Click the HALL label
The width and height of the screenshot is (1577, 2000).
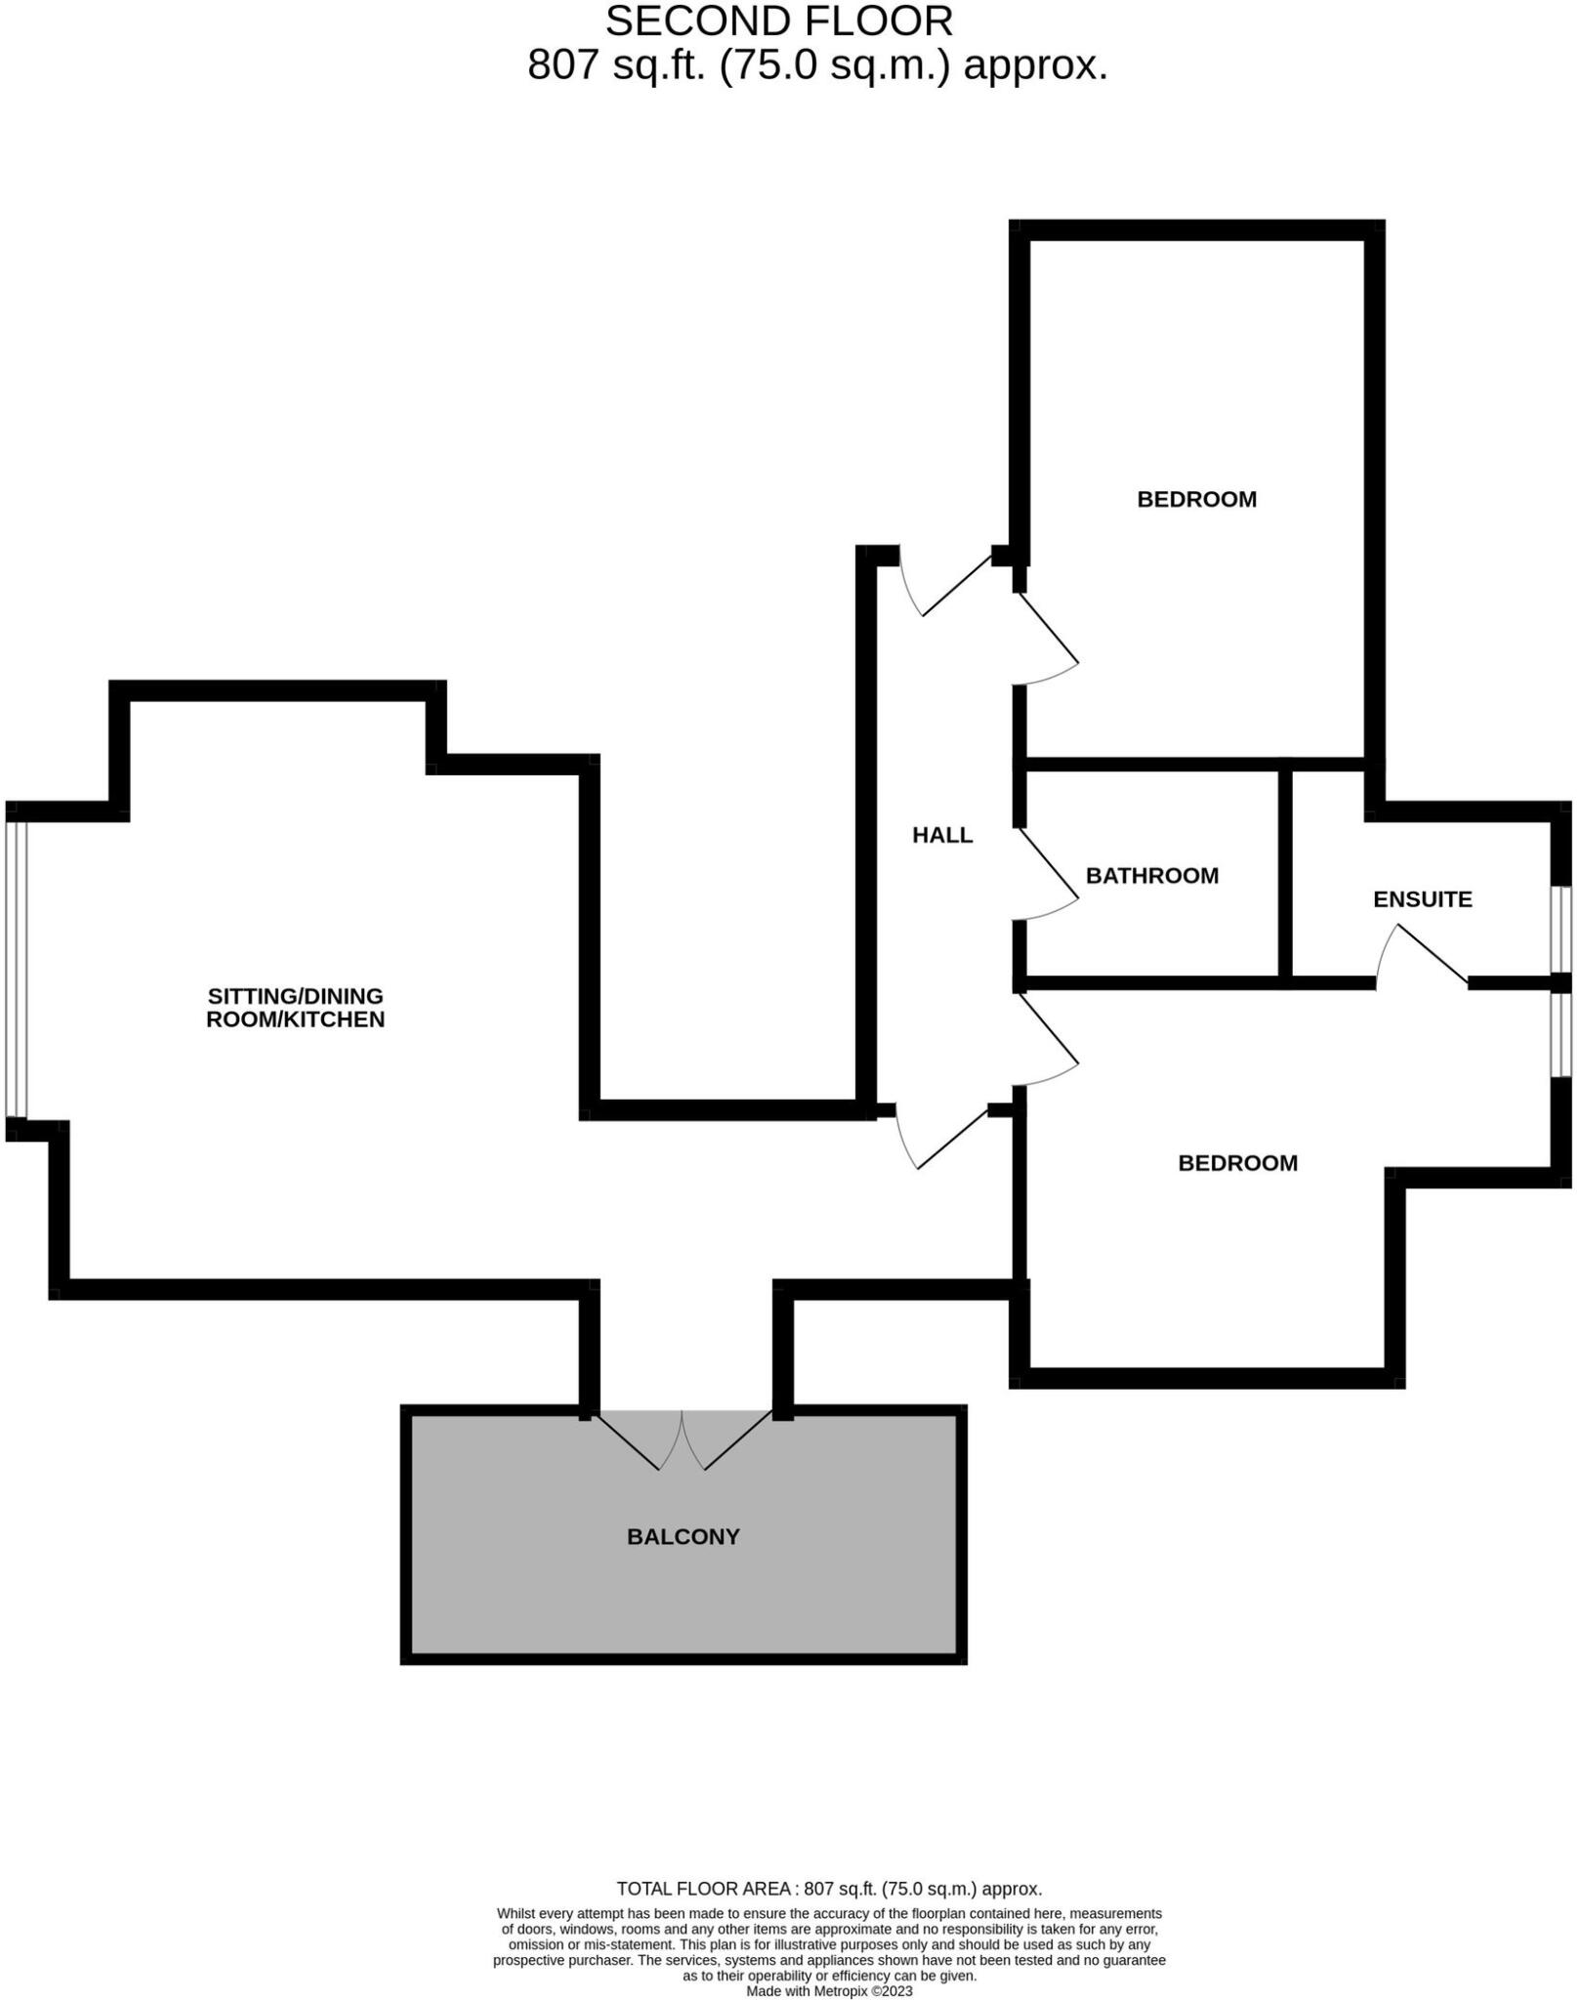(942, 835)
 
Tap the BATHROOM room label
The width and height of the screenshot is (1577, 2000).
(1152, 875)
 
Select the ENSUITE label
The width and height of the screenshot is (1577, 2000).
(1422, 899)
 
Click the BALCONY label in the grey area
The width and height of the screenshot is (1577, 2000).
(683, 1537)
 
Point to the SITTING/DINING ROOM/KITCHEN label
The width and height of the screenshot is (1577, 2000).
(295, 1008)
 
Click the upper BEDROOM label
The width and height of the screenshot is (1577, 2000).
(1196, 499)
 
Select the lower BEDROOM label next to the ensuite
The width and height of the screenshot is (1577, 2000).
(1237, 1163)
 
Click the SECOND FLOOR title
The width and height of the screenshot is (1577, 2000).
(778, 21)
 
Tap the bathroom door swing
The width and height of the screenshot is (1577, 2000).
(1049, 874)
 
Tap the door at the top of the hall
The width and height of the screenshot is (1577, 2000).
(952, 586)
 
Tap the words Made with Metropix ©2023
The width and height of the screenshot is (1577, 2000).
(829, 1990)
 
